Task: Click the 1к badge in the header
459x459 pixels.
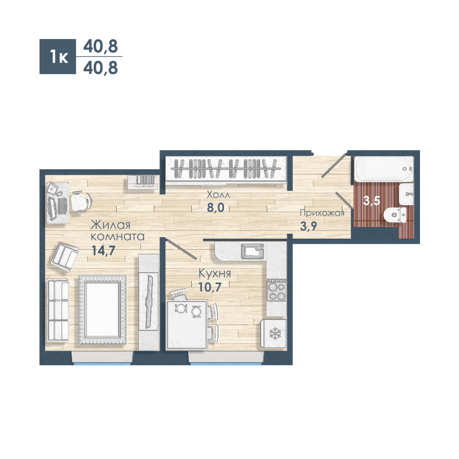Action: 58,56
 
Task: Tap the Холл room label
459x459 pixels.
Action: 218,195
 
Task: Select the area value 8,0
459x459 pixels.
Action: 215,207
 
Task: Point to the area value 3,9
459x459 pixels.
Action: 308,226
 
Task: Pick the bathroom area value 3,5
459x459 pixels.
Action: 371,201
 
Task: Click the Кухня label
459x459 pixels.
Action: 215,273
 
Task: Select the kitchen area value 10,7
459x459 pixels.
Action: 210,287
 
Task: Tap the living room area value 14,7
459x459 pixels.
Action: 103,251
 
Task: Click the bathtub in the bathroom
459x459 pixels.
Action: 383,168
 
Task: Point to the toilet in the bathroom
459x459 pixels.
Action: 395,215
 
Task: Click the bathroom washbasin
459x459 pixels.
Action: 406,194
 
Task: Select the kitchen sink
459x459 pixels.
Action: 252,252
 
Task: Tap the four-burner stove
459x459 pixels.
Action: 277,290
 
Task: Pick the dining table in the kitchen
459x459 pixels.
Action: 187,325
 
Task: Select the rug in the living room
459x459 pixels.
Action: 103,309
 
